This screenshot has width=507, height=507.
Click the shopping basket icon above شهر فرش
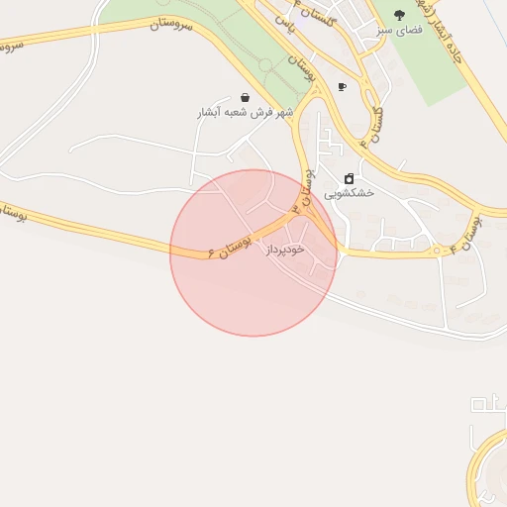coord(245,97)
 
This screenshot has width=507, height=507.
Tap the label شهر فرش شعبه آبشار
coord(245,113)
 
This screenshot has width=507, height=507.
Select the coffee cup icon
coord(342,87)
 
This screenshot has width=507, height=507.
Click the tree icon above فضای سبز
coord(399,16)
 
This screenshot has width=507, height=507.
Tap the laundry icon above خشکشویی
coord(349,178)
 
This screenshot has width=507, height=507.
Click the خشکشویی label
coord(354,194)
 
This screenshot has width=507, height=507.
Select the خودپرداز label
coord(289,252)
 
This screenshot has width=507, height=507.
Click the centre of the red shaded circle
coord(253,253)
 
